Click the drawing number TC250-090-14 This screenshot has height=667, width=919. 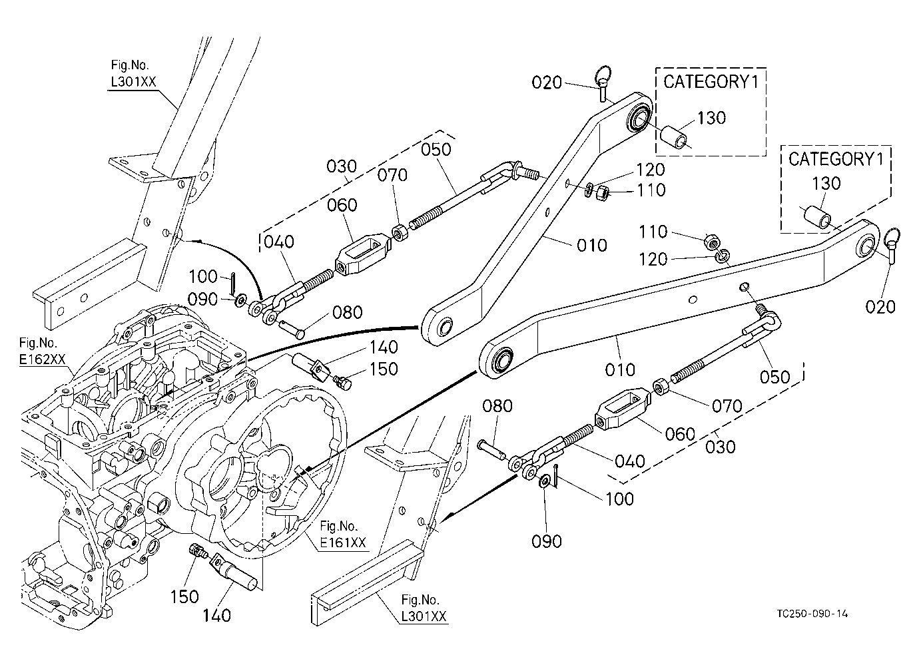[812, 614]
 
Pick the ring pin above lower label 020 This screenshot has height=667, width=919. [892, 246]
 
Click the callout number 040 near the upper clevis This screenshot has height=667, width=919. [280, 242]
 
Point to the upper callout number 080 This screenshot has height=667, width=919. [348, 313]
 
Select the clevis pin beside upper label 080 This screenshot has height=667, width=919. [292, 328]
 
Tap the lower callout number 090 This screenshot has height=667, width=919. [547, 541]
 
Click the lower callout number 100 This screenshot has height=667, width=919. [619, 499]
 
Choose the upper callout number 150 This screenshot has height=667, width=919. [384, 369]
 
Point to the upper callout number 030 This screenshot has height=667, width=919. [342, 166]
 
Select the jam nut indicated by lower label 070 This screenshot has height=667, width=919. [661, 387]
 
